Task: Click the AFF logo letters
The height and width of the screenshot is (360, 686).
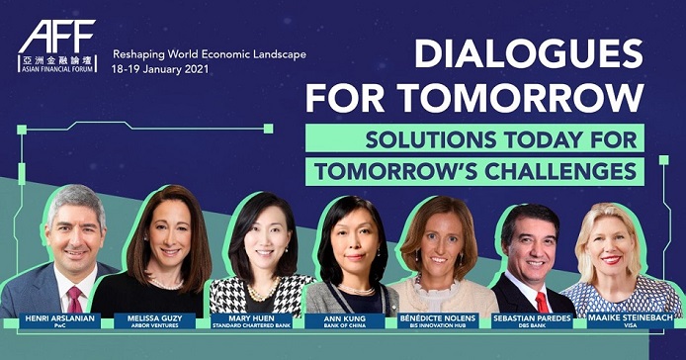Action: [57, 37]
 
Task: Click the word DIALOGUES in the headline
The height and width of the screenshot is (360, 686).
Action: [529, 53]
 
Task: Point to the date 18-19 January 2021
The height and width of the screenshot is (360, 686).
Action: [160, 69]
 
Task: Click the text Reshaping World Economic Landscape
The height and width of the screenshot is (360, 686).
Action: [210, 54]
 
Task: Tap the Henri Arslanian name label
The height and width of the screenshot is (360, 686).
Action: [59, 320]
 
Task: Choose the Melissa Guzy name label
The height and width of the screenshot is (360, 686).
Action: [154, 320]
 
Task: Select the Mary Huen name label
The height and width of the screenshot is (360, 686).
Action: [251, 320]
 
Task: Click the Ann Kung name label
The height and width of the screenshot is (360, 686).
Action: [345, 320]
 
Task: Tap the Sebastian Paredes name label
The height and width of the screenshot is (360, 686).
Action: [532, 320]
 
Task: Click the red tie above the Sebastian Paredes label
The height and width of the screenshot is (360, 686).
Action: [542, 303]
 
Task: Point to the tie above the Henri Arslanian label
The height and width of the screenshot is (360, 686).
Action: [75, 300]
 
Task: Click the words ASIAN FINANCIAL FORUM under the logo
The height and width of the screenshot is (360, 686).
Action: [57, 69]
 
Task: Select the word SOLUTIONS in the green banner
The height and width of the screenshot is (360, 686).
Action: [431, 139]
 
